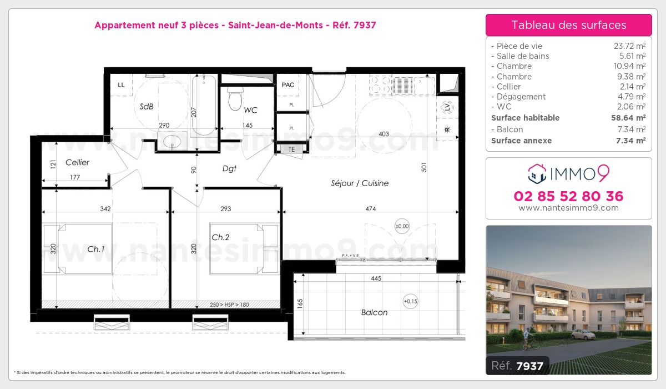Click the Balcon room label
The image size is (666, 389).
(374, 313)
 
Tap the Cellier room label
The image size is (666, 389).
(77, 163)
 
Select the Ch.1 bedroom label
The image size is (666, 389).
(95, 250)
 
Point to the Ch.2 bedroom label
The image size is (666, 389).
(220, 237)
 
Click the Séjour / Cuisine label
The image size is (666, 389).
(359, 183)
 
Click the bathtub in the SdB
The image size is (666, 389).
(204, 106)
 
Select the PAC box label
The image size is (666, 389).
(287, 85)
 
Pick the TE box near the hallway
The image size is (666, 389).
(291, 149)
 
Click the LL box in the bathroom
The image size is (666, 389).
(121, 85)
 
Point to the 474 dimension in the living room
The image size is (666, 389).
(371, 209)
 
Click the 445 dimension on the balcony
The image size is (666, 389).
(376, 279)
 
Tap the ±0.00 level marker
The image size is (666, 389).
(402, 226)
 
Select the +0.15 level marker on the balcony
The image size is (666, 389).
(411, 302)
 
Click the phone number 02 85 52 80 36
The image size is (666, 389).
(568, 196)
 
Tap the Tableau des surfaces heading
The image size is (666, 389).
(568, 25)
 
